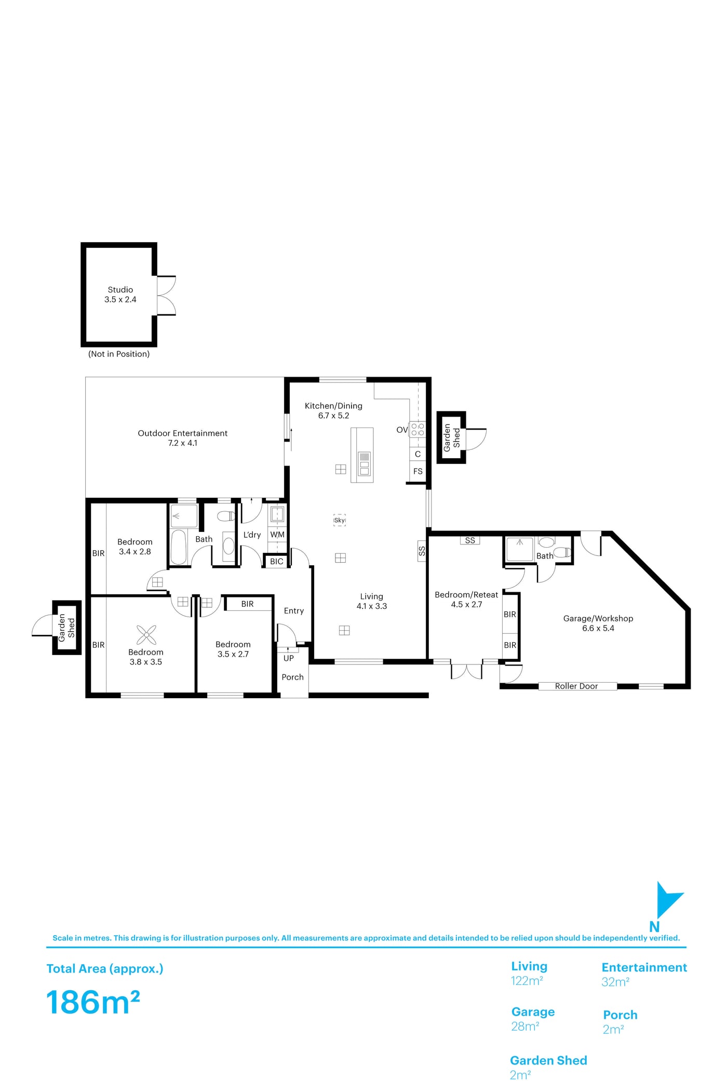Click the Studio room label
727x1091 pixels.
(120, 289)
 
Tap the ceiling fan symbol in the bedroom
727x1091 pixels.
(146, 635)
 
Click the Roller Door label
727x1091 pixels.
(576, 686)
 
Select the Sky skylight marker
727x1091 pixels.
(340, 520)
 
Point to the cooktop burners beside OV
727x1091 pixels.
(418, 430)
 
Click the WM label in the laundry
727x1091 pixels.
(277, 534)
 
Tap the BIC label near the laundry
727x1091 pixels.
(277, 561)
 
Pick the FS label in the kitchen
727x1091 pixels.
(418, 471)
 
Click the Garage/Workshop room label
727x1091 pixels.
(598, 618)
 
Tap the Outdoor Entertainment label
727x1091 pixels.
(182, 433)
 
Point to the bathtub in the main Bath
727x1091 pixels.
(179, 547)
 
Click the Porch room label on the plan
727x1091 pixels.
(292, 677)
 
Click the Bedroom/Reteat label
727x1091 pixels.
(466, 594)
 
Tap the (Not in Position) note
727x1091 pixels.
(119, 354)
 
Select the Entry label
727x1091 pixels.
(294, 611)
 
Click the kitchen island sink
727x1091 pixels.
(364, 463)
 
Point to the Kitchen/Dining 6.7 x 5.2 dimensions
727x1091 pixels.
(333, 416)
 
